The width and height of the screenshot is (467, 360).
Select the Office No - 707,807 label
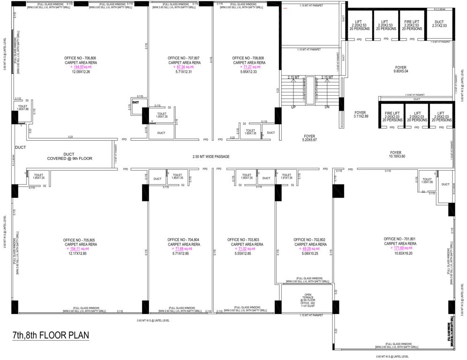click(x=184, y=58)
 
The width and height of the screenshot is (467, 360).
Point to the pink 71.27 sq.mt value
click(x=249, y=67)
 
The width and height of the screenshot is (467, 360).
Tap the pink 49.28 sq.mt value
click(x=310, y=248)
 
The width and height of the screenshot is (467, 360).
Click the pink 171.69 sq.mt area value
click(x=400, y=248)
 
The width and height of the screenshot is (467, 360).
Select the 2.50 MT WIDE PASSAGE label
click(x=211, y=156)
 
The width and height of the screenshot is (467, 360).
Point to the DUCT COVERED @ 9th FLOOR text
click(x=69, y=157)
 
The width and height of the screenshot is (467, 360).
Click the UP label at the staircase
click(x=294, y=107)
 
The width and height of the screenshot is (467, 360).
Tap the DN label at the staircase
click(x=327, y=107)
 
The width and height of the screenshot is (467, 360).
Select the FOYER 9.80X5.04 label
click(x=400, y=70)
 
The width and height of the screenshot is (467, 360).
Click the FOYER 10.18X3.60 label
click(x=396, y=154)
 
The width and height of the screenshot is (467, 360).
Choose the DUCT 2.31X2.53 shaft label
click(x=439, y=23)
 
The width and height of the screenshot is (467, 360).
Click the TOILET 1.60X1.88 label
click(x=23, y=108)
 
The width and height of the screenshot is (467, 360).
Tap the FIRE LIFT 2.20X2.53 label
click(x=412, y=23)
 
